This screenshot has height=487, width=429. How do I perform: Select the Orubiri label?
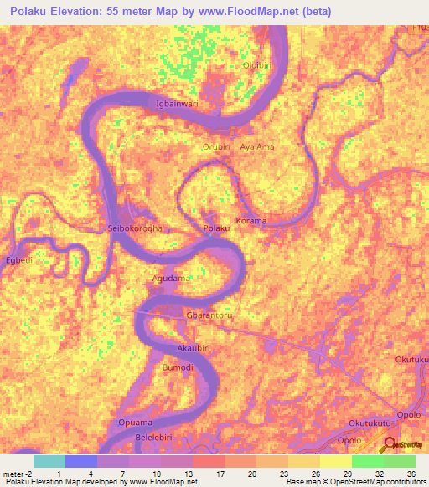pyautogui.click(x=217, y=146)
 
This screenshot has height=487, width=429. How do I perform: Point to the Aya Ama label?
pyautogui.click(x=257, y=146)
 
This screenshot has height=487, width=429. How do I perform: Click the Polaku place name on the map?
pyautogui.click(x=216, y=228)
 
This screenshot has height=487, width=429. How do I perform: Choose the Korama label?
pyautogui.click(x=251, y=222)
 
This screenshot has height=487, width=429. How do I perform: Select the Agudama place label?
pyautogui.click(x=171, y=278)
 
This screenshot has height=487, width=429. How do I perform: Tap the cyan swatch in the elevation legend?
pyautogui.click(x=49, y=461)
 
